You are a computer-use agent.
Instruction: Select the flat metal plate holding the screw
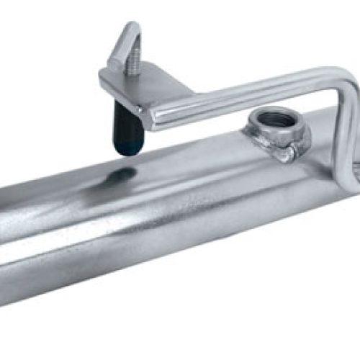(x=144, y=90)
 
